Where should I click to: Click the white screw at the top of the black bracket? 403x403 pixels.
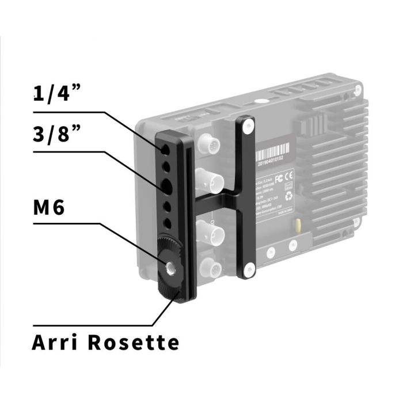(247, 124)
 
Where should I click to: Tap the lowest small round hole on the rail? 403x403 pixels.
(166, 222)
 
